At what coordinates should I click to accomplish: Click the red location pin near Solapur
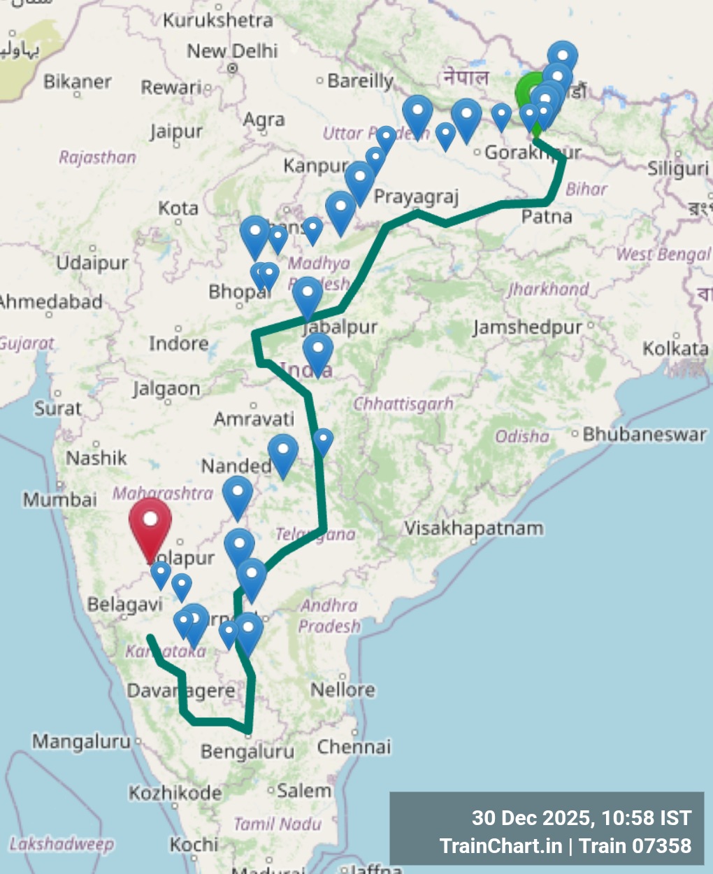click(x=150, y=523)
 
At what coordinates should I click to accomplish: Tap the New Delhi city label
click(x=232, y=51)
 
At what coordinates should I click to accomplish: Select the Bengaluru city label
click(x=247, y=752)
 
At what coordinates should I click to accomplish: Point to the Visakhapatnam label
click(x=474, y=528)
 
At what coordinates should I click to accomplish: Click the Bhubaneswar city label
click(x=644, y=434)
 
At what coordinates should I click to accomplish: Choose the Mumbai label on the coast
click(x=60, y=500)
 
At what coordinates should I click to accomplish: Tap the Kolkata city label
click(x=675, y=348)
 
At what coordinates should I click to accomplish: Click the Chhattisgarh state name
click(x=403, y=404)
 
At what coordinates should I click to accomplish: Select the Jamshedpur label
click(x=527, y=327)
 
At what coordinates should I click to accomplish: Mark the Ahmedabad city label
click(x=50, y=302)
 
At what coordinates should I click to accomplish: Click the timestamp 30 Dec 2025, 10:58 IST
click(x=582, y=818)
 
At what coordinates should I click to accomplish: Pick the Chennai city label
click(x=354, y=747)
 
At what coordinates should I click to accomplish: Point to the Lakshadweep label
click(x=62, y=844)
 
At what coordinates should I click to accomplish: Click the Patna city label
click(x=547, y=217)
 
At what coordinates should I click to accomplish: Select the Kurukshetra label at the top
click(x=217, y=20)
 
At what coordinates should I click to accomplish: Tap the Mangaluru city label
click(x=81, y=740)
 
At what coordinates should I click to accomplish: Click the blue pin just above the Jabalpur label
click(x=308, y=295)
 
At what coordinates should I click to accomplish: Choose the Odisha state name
click(x=522, y=436)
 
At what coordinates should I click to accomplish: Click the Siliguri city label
click(x=678, y=169)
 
